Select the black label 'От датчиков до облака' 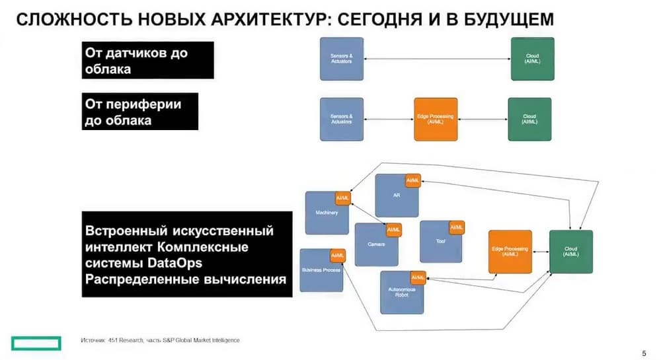(149, 60)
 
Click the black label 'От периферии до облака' (141, 112)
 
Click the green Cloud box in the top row (532, 59)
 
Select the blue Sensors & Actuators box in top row (341, 59)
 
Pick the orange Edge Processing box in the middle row (436, 119)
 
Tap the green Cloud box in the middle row (529, 119)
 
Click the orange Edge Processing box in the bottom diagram (510, 252)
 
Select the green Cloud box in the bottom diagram (570, 252)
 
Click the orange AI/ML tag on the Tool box (457, 227)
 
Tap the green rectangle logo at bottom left (36, 342)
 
